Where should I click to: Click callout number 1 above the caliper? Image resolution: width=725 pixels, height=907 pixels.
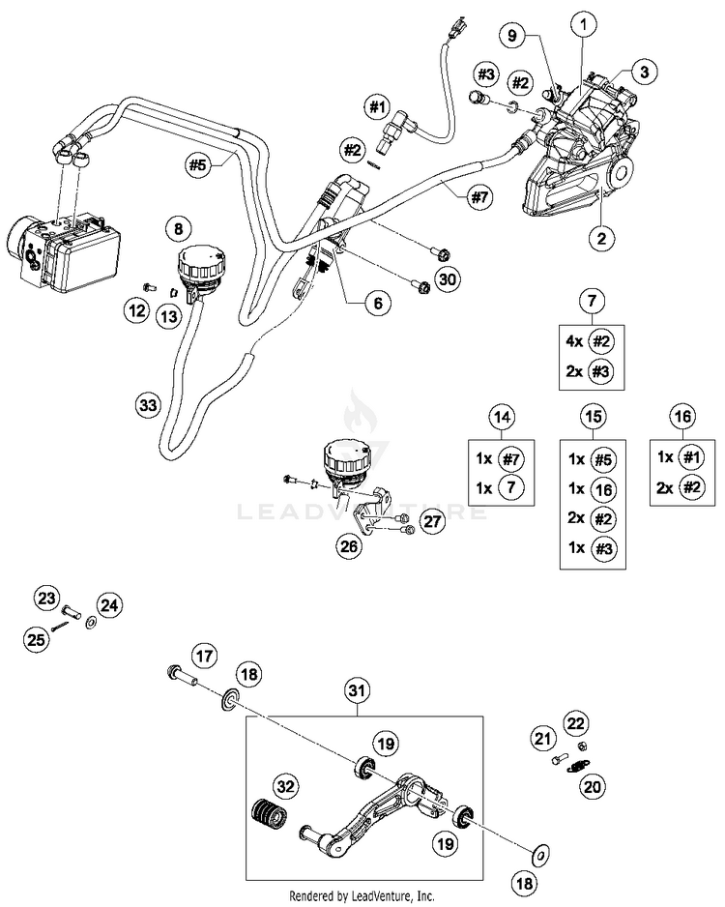584,24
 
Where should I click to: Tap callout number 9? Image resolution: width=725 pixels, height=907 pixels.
513,36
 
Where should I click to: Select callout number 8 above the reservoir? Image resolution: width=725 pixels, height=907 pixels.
178,229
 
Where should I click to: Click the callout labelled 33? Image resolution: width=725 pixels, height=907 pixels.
148,404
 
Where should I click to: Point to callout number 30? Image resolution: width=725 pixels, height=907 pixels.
447,280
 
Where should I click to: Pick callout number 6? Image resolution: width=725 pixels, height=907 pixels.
378,303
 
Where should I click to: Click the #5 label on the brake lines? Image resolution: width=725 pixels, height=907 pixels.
198,164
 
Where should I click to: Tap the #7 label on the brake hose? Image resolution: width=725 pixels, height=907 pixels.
479,198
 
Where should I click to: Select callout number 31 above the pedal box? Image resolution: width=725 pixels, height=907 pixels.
358,690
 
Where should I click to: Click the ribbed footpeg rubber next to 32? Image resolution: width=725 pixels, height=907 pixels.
269,816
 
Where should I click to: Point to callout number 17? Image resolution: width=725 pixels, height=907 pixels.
204,658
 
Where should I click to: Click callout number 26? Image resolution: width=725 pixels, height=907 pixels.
350,545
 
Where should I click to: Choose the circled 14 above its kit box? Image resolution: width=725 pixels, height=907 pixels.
502,417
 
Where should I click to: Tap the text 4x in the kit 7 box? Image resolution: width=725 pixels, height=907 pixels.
574,341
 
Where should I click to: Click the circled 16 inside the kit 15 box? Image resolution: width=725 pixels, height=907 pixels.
603,489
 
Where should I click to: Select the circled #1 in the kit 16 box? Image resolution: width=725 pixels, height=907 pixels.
692,457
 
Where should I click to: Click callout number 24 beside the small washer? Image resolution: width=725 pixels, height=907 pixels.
110,605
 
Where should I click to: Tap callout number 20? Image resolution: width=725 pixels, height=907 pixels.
593,787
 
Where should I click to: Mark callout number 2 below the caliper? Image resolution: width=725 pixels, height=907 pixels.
602,238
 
